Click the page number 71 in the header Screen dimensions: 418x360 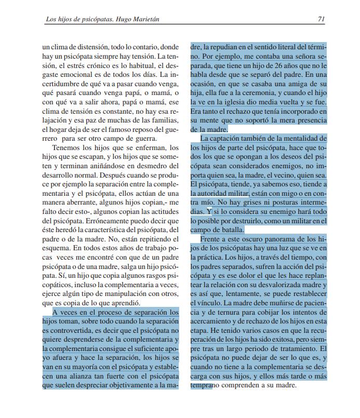pos(321,19)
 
